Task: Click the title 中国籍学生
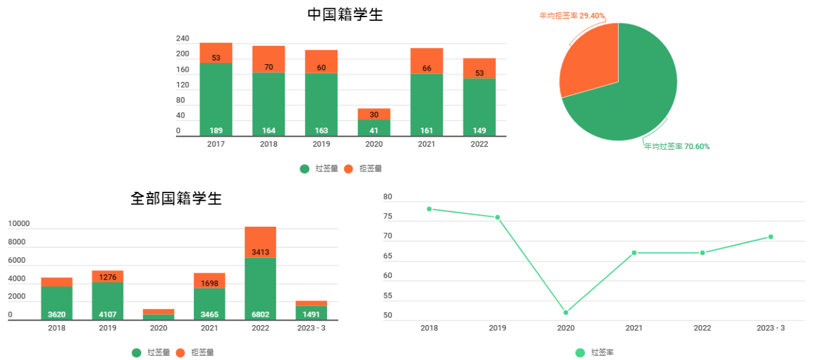(x=345, y=15)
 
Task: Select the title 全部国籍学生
(x=176, y=198)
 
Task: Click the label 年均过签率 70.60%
(x=677, y=147)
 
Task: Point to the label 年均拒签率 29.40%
(x=572, y=15)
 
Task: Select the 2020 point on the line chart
(x=566, y=312)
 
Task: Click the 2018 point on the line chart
(x=429, y=209)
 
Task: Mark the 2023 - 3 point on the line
(x=770, y=237)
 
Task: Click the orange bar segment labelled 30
(x=374, y=114)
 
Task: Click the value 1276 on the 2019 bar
(x=107, y=277)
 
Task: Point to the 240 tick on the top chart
(x=183, y=39)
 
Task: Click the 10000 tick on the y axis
(x=19, y=223)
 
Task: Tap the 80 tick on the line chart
(x=388, y=197)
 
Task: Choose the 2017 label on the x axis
(x=216, y=144)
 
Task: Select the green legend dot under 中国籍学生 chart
(x=305, y=169)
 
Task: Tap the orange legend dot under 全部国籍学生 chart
(x=180, y=352)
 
